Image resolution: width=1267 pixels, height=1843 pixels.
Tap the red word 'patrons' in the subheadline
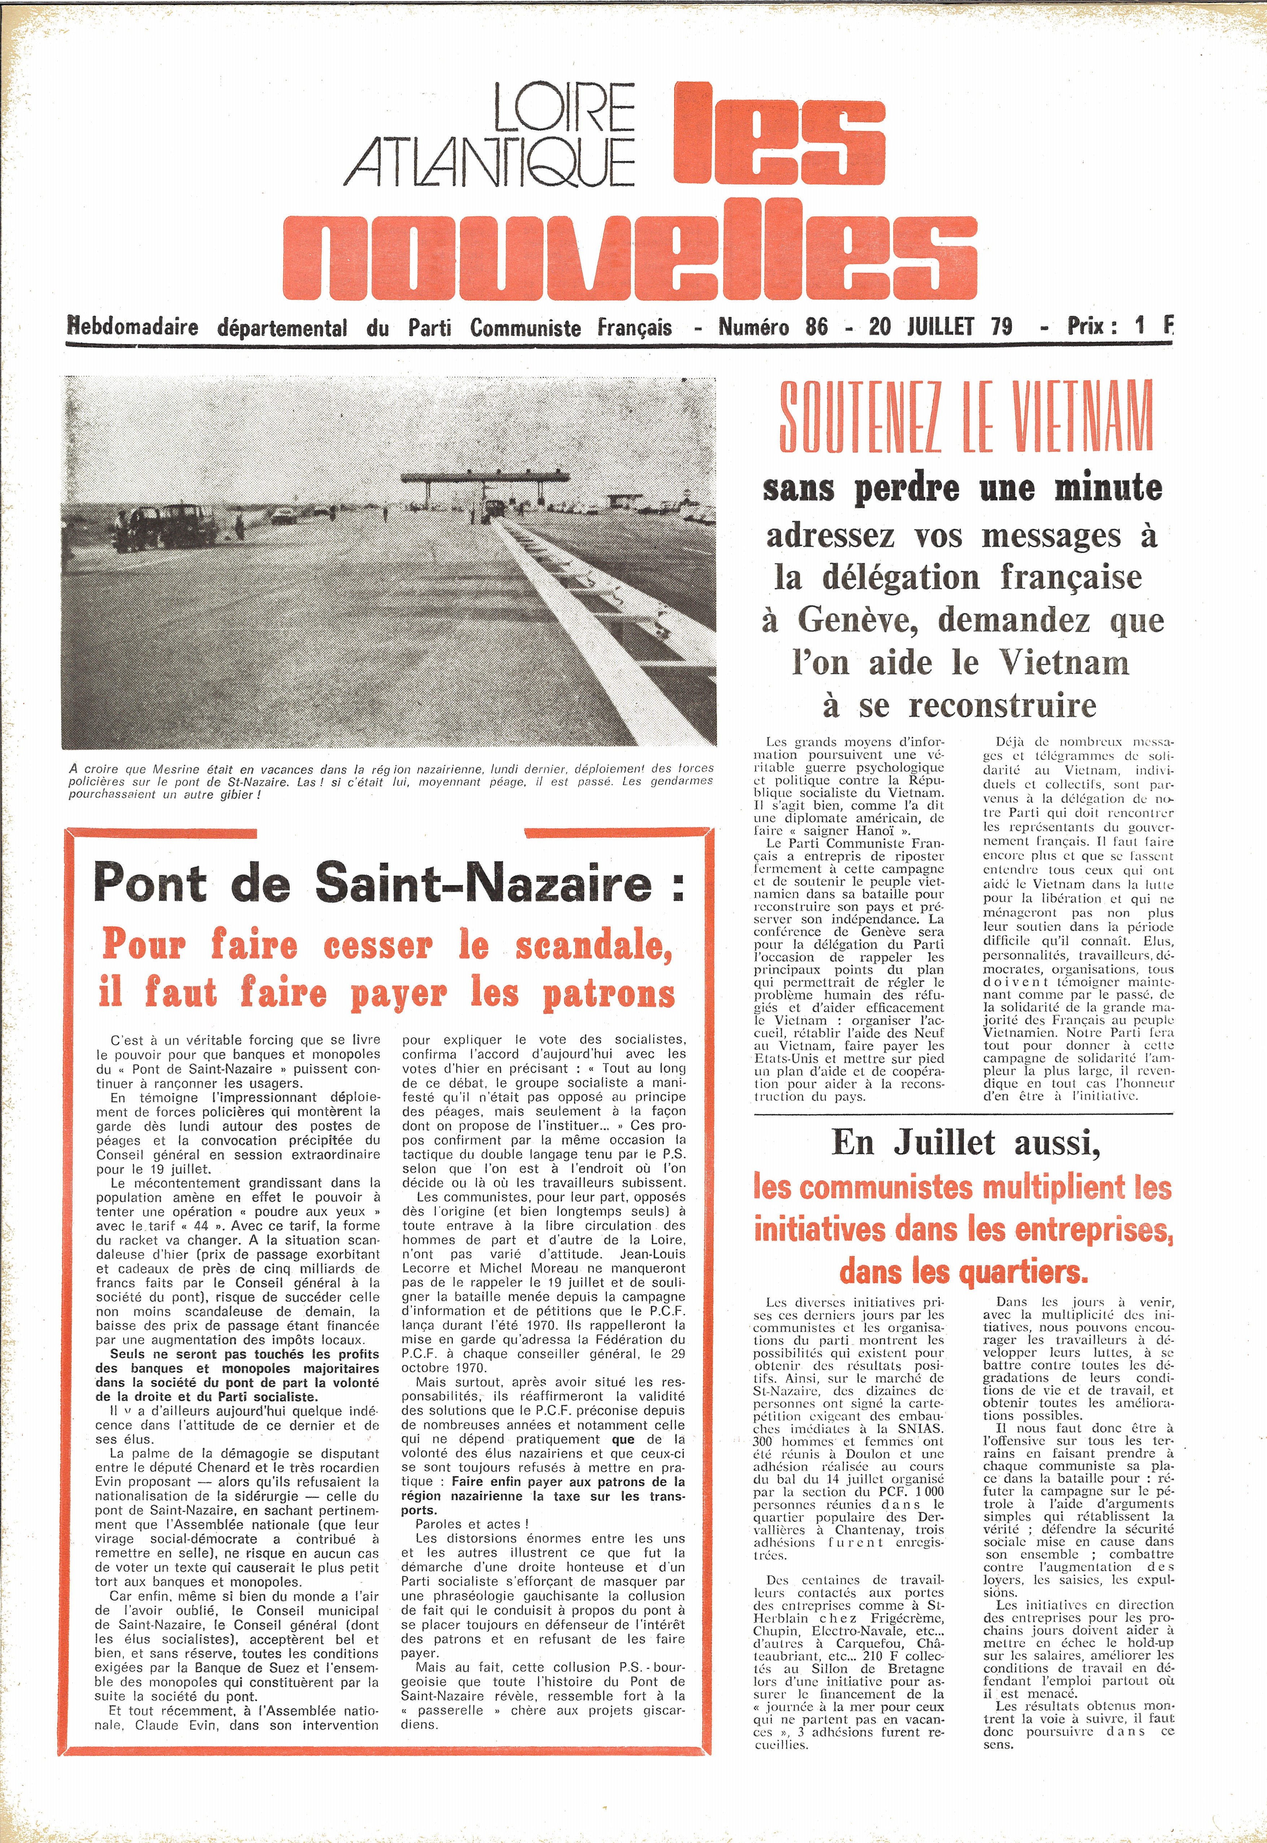(x=608, y=993)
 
